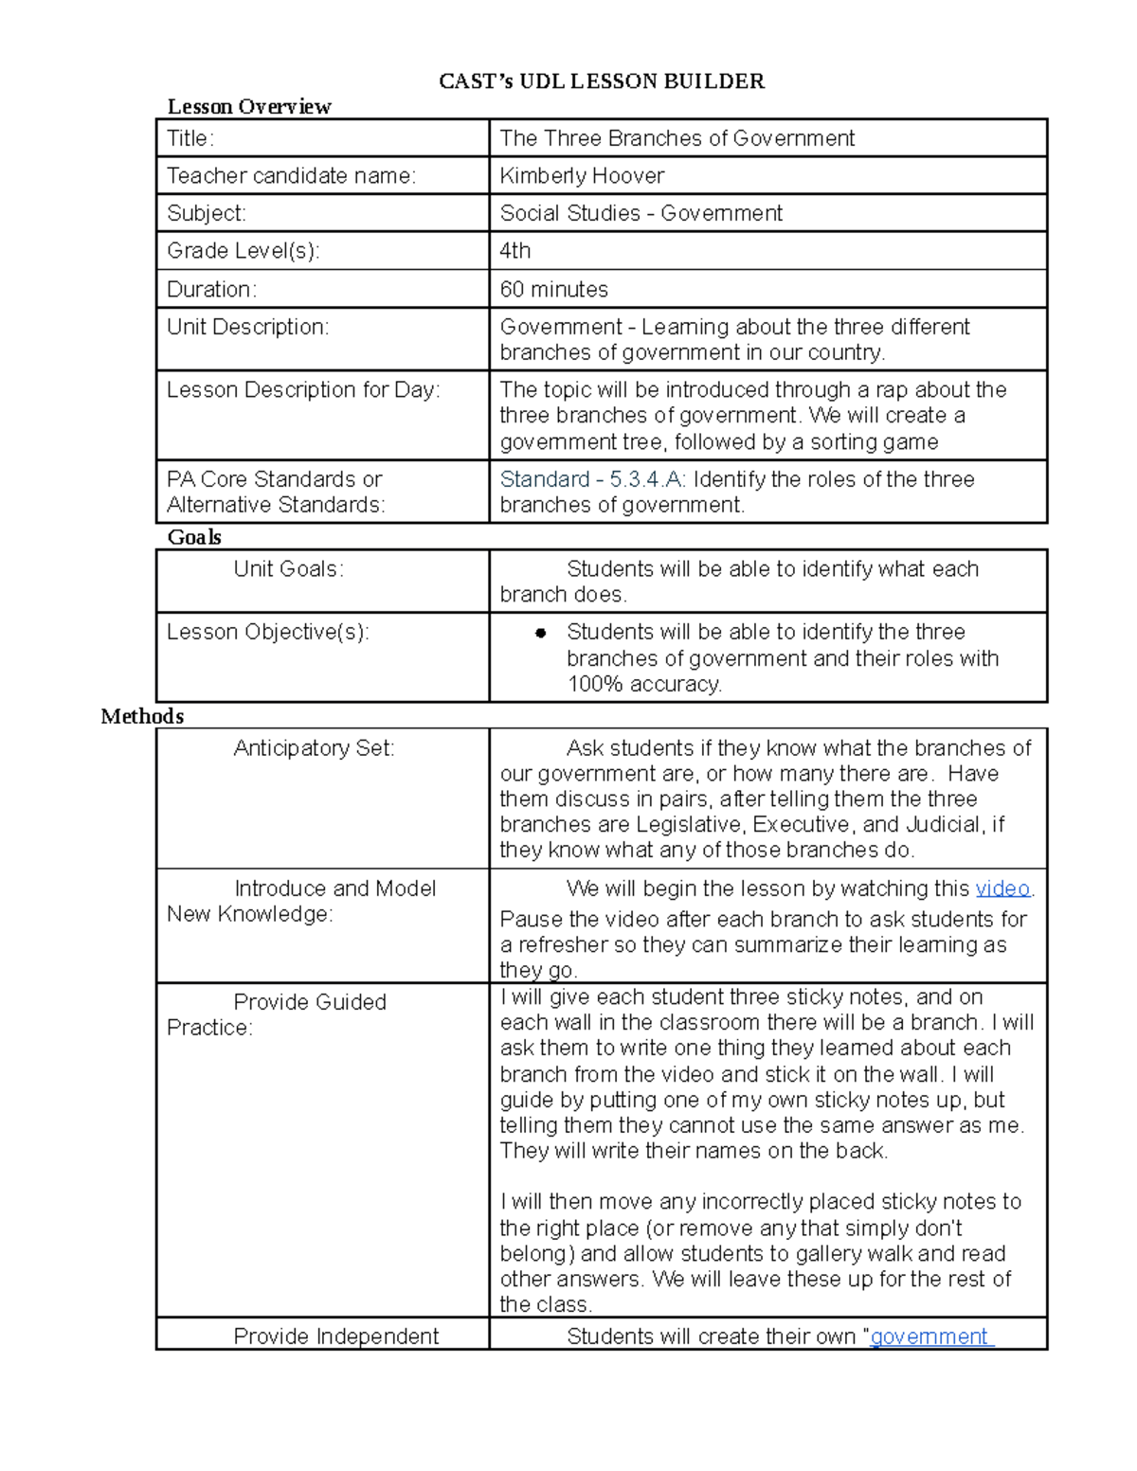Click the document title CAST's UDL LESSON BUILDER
point(601,81)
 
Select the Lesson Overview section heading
point(249,106)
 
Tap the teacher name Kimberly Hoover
point(582,175)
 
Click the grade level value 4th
point(515,250)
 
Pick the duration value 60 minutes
point(554,289)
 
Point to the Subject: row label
point(207,213)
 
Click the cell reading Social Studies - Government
point(641,213)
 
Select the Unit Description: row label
point(248,327)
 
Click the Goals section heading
point(194,537)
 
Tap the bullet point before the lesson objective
point(541,633)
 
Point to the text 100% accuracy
point(644,684)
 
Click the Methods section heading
point(142,716)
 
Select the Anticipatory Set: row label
point(314,748)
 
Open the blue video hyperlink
point(1002,888)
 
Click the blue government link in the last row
point(930,1336)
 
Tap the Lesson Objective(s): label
point(268,632)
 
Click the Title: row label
point(190,138)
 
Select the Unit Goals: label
point(289,569)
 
